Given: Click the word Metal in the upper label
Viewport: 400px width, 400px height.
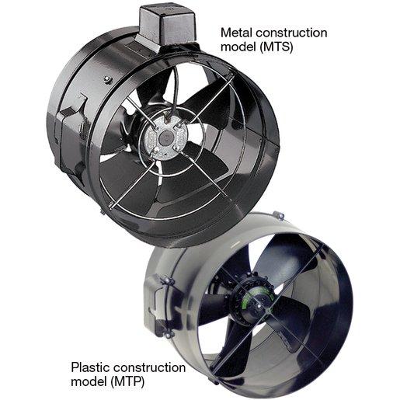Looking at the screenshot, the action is [236, 33].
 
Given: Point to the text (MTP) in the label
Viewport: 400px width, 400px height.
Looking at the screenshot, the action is [127, 382].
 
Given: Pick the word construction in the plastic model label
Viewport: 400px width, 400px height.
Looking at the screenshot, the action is [150, 367].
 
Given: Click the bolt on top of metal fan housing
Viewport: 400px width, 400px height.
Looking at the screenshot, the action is [108, 79].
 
